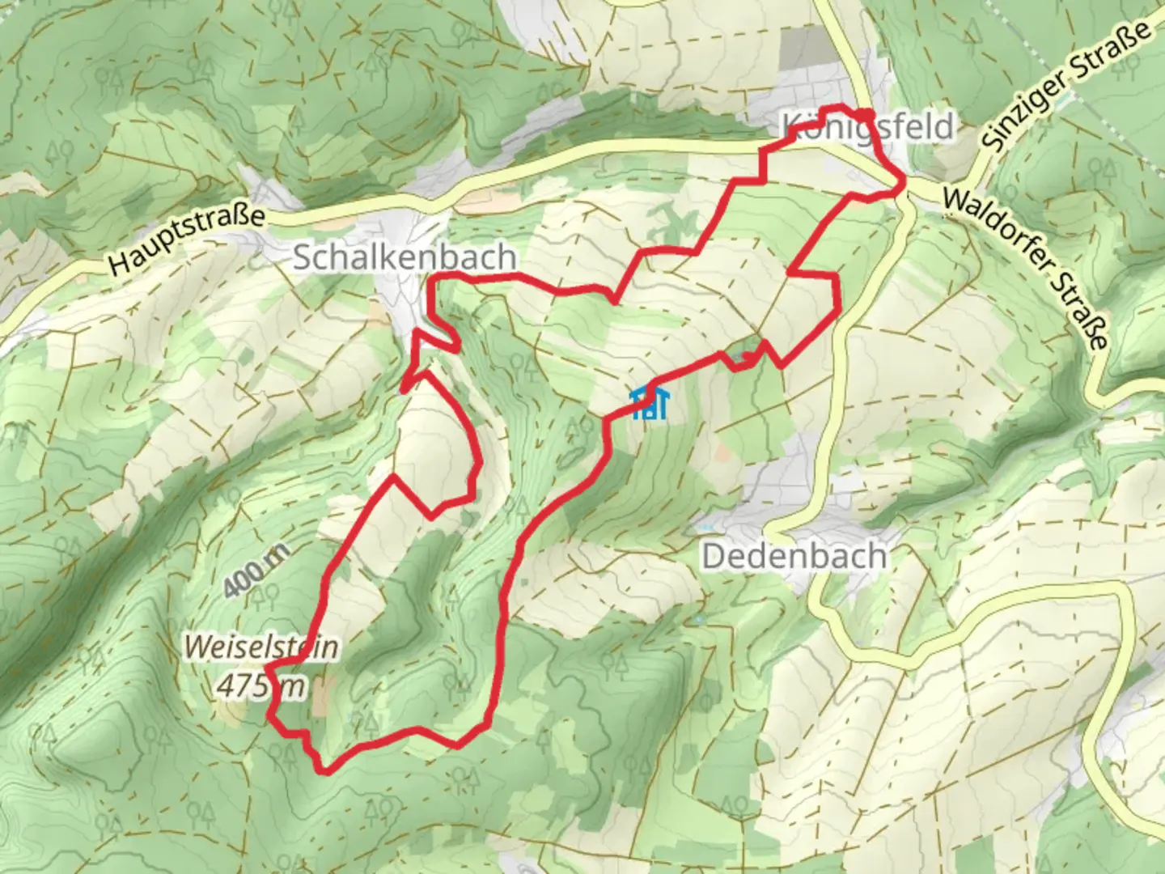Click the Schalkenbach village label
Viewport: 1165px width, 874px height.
point(404,257)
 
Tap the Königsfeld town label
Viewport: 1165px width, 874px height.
point(867,128)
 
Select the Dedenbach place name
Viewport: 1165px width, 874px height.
point(794,557)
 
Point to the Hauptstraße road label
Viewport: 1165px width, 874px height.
point(187,241)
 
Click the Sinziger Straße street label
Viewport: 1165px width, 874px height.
point(1065,87)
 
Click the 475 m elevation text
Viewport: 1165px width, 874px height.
point(261,686)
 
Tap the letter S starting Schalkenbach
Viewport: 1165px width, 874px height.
point(301,258)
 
